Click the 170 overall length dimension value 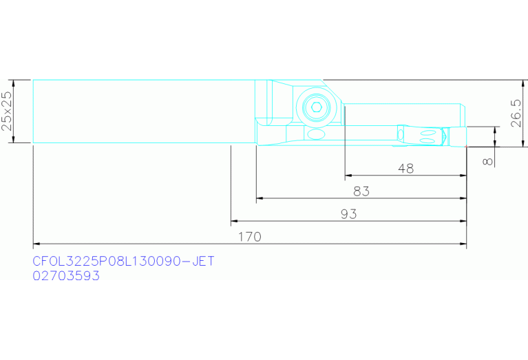[x=249, y=237]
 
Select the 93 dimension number [x=348, y=214]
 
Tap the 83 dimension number [x=361, y=191]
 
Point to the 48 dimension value [x=405, y=169]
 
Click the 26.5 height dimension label [x=516, y=113]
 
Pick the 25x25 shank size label [x=7, y=111]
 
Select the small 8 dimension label [x=488, y=162]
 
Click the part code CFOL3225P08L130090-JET [x=123, y=262]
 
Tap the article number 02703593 [x=66, y=276]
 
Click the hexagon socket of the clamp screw [x=316, y=107]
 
